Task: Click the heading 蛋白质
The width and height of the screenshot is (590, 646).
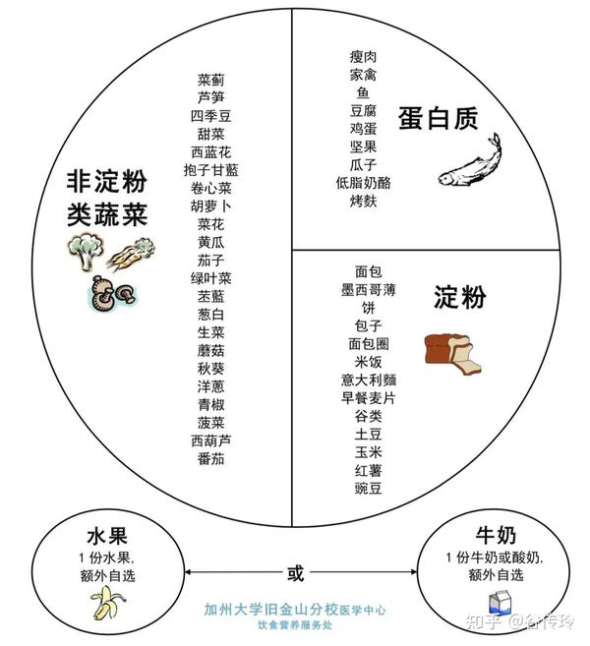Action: [438, 119]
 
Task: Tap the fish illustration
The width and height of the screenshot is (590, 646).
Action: [469, 163]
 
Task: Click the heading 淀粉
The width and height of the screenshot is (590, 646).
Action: [459, 298]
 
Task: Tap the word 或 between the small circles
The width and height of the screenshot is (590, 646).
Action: [292, 571]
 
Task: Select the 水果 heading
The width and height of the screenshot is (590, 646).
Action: [104, 537]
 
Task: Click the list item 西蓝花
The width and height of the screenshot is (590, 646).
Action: [211, 151]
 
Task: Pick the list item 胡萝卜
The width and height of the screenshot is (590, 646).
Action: [211, 206]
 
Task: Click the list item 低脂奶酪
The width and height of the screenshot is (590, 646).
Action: [363, 182]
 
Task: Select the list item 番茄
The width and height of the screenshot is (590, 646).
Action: [211, 458]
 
